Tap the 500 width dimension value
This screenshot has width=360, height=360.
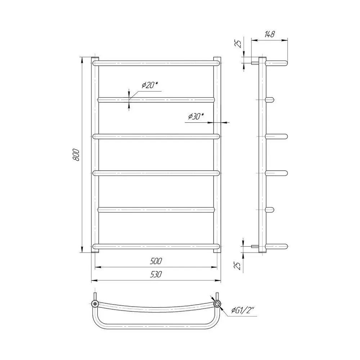tap(156, 261)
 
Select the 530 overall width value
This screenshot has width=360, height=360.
tap(156, 274)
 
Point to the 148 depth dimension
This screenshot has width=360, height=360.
tap(269, 34)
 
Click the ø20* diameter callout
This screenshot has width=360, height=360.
tap(150, 85)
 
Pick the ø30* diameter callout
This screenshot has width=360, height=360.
tap(195, 116)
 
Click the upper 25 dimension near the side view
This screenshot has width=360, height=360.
tap(239, 44)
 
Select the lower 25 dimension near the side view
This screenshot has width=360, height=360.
tap(239, 265)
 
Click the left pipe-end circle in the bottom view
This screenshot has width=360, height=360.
tap(95, 304)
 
